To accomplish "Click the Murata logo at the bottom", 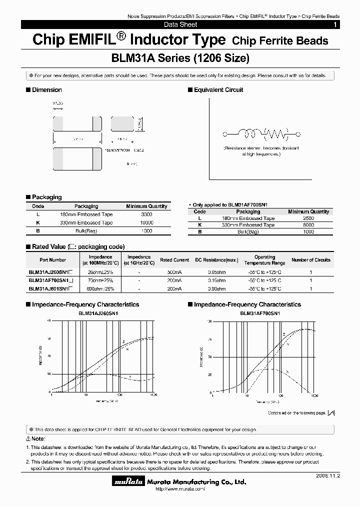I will (128, 482).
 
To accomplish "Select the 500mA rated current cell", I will (174, 272).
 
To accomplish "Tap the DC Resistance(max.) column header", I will (217, 260).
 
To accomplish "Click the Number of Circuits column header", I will (311, 260).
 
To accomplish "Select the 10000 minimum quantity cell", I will (147, 223).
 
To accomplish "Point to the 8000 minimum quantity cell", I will (308, 225).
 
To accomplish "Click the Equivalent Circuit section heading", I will (218, 90).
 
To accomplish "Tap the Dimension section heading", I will (47, 90).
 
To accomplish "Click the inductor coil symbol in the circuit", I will (248, 133).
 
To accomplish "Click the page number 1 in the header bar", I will (334, 24).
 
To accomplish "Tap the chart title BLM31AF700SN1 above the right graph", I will (260, 313).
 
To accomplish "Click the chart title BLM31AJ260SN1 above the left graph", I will (98, 313).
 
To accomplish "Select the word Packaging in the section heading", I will (47, 197).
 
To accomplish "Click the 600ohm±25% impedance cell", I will (100, 289).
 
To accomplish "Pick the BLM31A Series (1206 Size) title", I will (179, 58).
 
